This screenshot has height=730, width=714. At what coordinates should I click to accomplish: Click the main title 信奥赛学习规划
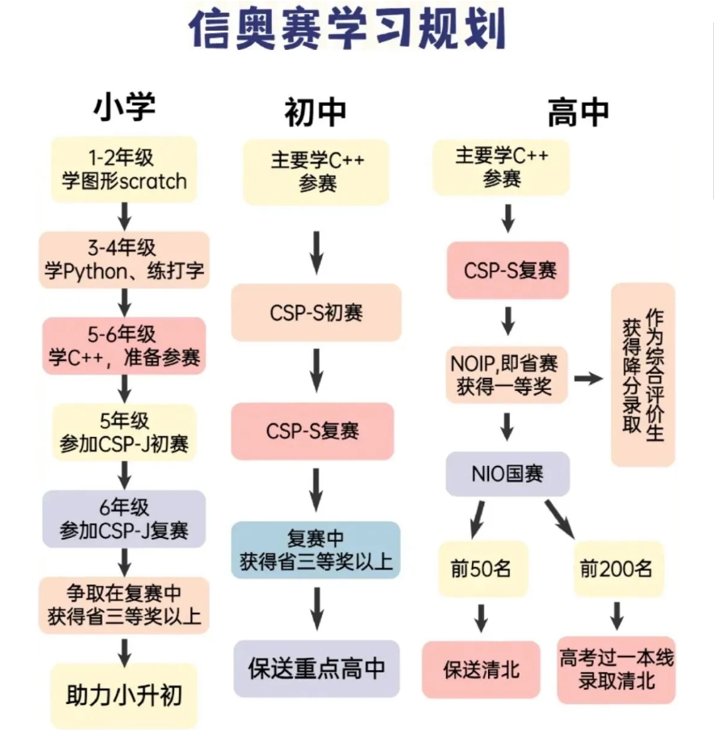point(348,30)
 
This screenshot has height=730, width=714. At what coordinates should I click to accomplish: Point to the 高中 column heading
point(578,112)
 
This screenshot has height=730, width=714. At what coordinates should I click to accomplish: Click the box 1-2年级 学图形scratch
point(124,168)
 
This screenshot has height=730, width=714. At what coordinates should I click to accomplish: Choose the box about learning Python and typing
point(124,260)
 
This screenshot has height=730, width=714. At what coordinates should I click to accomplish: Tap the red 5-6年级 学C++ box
point(124,345)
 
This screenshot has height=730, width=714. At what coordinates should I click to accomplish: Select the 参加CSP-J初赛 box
point(124,432)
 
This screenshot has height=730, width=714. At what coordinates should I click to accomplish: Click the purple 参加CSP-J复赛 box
point(124,519)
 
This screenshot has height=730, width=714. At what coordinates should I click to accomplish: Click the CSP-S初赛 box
point(315,312)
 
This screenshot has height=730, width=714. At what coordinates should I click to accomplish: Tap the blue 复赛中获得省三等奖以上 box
point(315,549)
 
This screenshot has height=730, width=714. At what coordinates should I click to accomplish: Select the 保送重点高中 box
point(316,669)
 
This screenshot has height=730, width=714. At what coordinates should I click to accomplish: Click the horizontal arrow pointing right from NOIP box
point(589,378)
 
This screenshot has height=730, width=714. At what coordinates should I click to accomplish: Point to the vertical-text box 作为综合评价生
point(642,374)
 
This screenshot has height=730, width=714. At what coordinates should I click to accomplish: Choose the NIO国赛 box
point(507,473)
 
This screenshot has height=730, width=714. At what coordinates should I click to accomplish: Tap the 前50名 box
point(481,568)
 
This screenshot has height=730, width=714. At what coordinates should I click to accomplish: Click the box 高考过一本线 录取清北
point(616,669)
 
